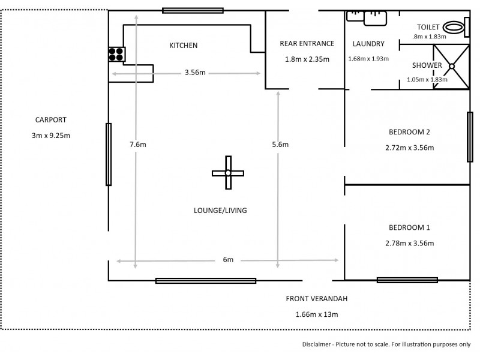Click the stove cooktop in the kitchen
(x=116, y=55)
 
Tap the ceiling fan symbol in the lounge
(x=228, y=173)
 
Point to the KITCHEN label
(x=183, y=46)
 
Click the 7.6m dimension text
(x=137, y=145)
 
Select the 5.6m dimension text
(x=280, y=145)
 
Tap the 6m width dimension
(x=228, y=260)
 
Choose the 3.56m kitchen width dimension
(x=195, y=73)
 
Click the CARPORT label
(x=51, y=119)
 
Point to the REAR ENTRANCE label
(x=307, y=44)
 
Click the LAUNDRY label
(x=368, y=44)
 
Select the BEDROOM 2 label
(x=409, y=132)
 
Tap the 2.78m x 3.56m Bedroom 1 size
(x=409, y=243)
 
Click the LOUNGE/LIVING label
(x=220, y=211)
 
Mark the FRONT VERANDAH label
(x=317, y=299)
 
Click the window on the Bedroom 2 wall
(x=470, y=137)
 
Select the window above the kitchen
(x=193, y=10)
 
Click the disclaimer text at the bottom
(x=386, y=345)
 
